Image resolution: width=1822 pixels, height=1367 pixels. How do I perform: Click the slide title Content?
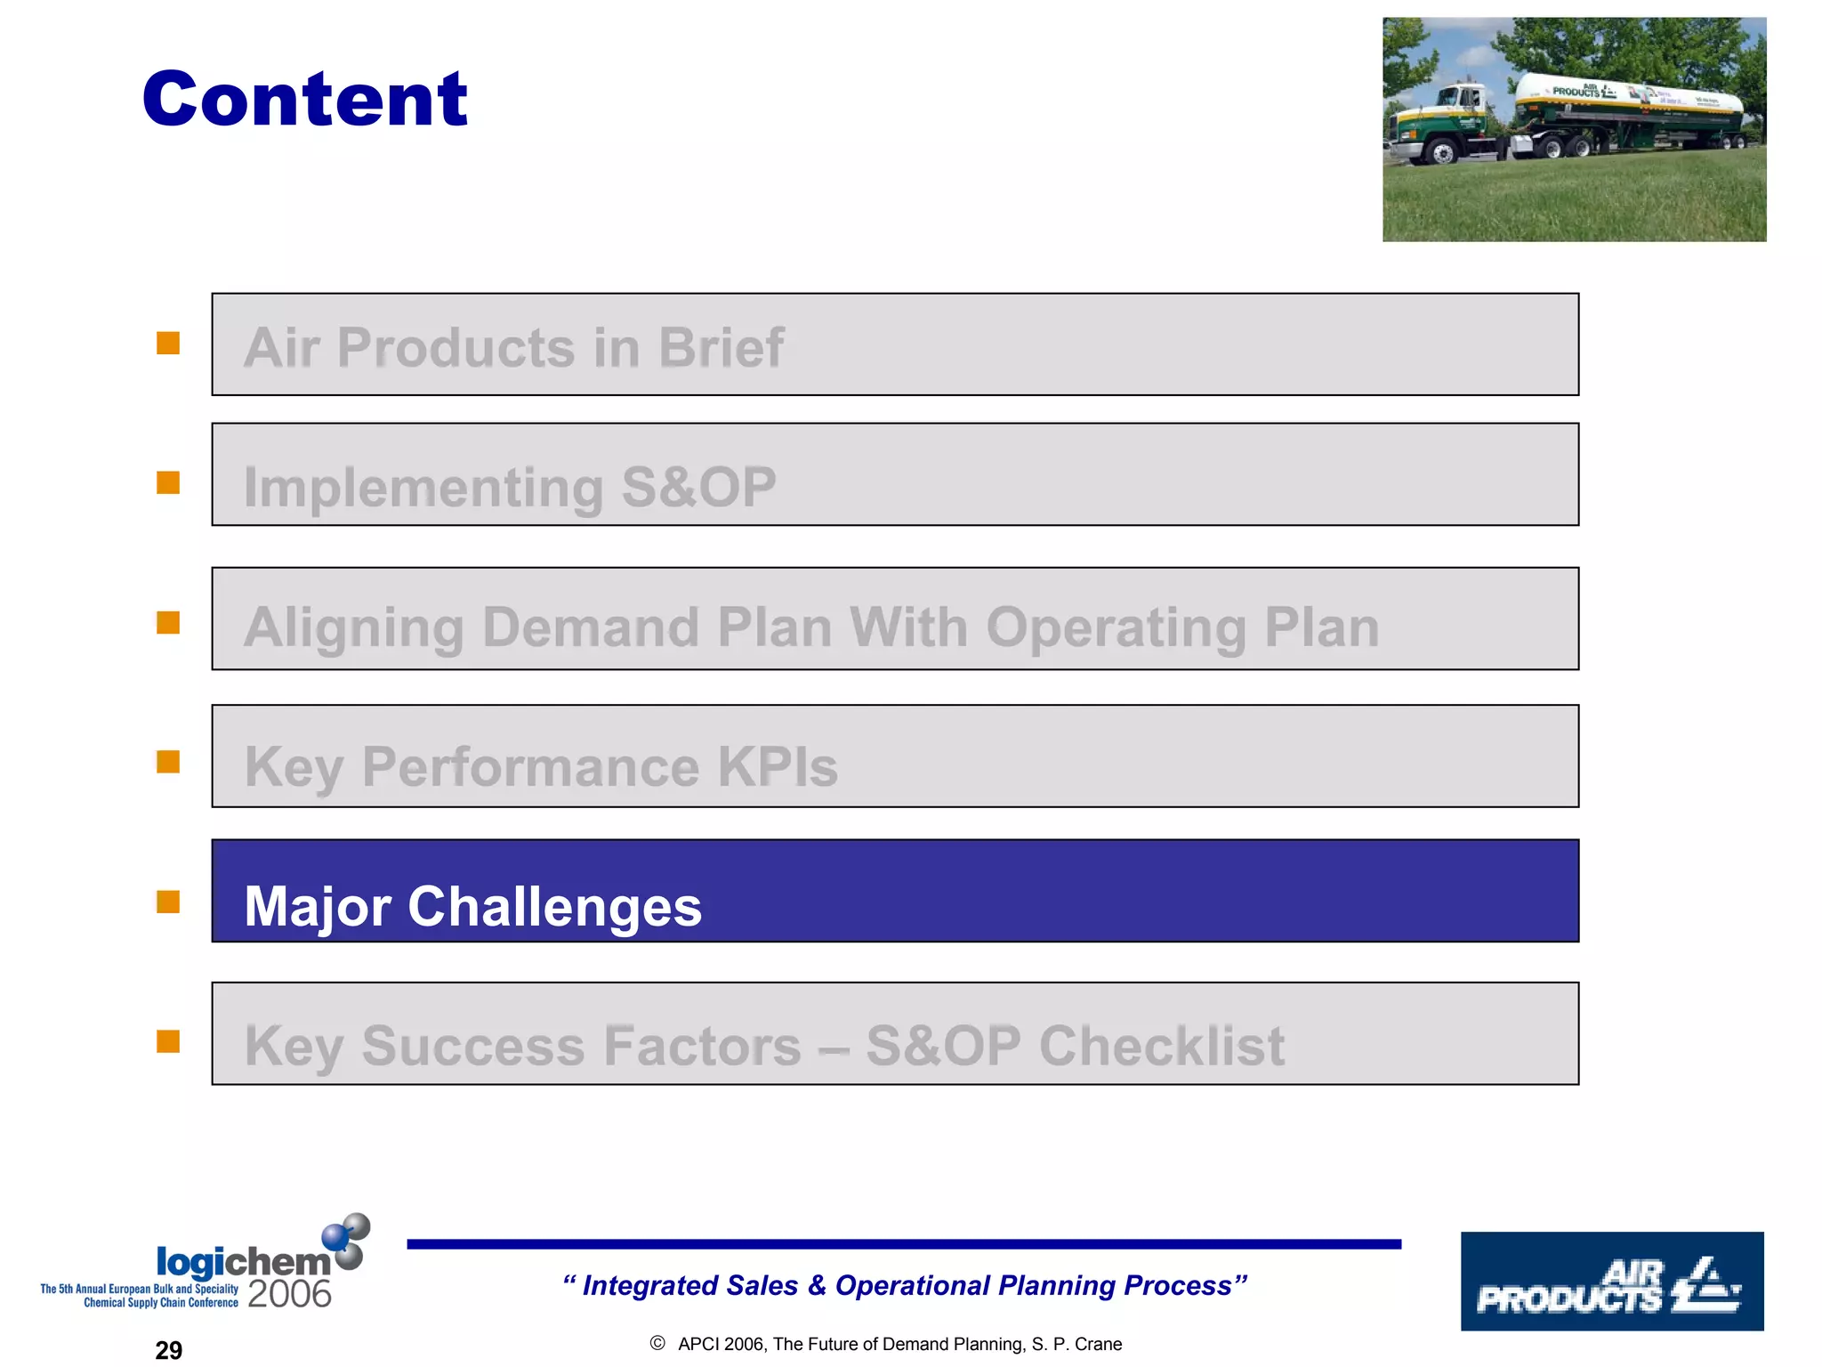304,99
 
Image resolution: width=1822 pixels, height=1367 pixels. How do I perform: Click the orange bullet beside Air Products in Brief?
168,344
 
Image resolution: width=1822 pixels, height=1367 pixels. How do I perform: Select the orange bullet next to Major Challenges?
168,902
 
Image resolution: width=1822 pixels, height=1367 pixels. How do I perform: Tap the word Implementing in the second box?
423,488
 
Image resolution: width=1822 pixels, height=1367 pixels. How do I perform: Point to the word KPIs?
778,767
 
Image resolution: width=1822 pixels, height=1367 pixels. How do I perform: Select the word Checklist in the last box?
1162,1046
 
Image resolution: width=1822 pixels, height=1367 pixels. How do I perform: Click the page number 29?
168,1350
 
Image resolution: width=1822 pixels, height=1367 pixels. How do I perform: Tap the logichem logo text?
243,1262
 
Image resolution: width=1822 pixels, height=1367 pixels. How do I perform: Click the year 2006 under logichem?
289,1294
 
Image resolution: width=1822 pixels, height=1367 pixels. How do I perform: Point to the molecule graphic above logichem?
346,1240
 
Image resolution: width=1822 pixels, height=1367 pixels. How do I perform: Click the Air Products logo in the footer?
1611,1282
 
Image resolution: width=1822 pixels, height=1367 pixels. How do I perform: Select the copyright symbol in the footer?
657,1344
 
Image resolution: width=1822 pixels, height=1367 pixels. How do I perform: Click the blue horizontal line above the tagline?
903,1244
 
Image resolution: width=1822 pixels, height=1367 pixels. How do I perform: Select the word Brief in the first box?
721,348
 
